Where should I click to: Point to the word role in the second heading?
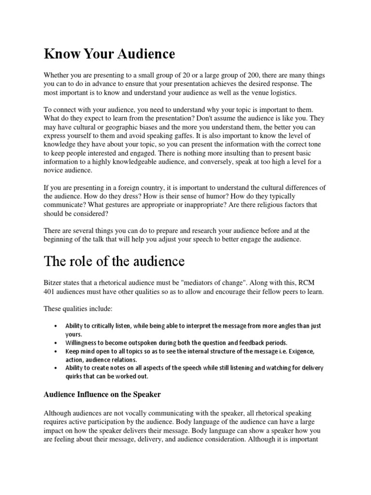84,262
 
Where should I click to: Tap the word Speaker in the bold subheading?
145,394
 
